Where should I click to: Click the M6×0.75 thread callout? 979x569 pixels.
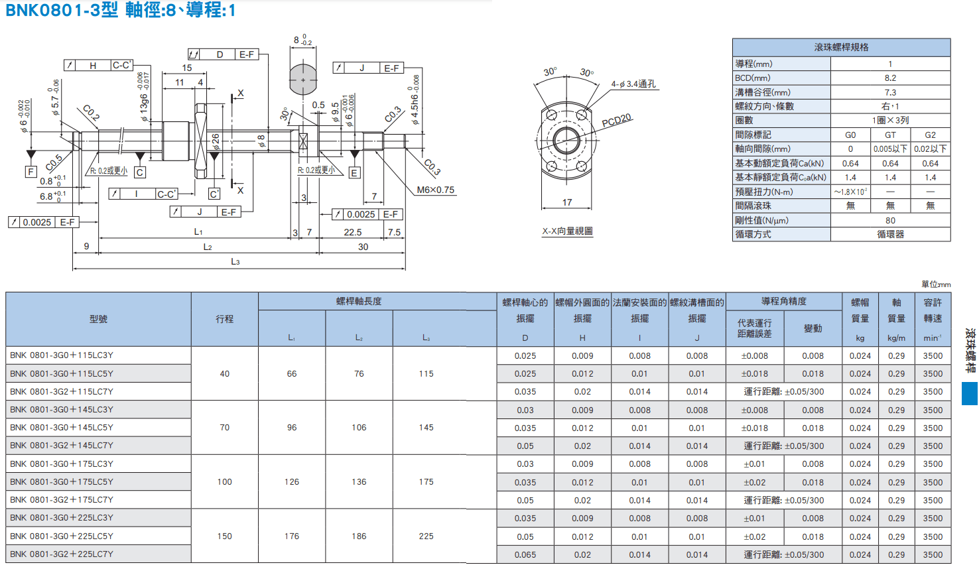coord(435,190)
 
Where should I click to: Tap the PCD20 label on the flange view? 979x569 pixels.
coord(617,120)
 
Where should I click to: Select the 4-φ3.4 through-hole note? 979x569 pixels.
coord(633,84)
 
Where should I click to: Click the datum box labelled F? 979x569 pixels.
coord(31,172)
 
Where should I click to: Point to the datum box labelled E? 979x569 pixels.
coord(354,173)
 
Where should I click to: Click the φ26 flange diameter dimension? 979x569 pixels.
coord(216,142)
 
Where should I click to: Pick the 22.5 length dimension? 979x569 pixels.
coord(353,232)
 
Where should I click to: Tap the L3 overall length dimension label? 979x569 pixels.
coord(235,262)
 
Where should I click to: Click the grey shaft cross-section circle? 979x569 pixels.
coord(303,80)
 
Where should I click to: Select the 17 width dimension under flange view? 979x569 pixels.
coord(567,202)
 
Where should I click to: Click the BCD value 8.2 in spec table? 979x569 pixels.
coord(890,78)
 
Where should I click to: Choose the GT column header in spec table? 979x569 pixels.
coord(890,135)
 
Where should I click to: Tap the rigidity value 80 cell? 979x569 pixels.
coord(890,220)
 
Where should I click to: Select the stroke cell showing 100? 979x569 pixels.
coord(225,481)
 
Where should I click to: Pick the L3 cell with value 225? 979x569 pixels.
coord(426,537)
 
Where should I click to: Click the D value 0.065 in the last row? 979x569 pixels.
coord(525,554)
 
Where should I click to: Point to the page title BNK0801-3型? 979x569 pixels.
coord(62,10)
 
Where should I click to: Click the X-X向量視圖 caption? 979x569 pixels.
coord(567,231)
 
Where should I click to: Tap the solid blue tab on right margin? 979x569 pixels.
coord(970,393)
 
